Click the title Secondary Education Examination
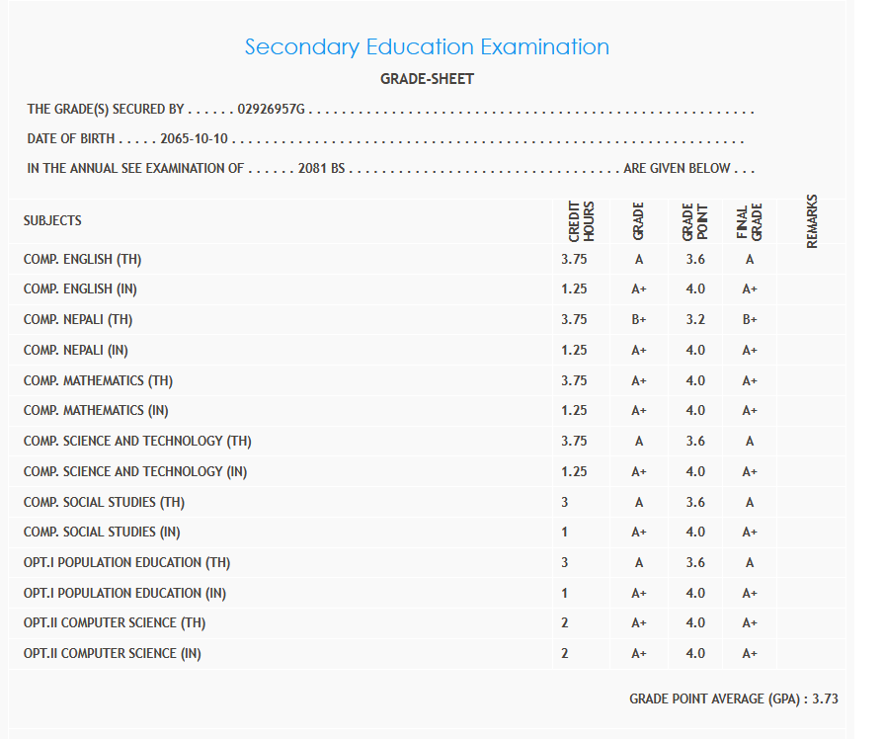(x=427, y=46)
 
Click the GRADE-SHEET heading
(x=427, y=79)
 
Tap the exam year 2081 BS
(x=321, y=168)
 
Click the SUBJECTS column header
(x=52, y=220)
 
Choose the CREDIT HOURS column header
(x=581, y=221)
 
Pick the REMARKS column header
(x=812, y=221)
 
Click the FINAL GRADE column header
(x=750, y=221)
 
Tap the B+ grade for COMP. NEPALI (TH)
(x=639, y=320)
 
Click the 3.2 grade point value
(x=695, y=320)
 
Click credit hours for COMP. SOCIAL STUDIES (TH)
(x=565, y=502)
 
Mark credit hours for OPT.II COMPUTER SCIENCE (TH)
(x=565, y=623)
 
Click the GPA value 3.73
(x=825, y=698)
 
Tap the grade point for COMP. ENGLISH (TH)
(x=695, y=260)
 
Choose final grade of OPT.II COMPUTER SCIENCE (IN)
(x=750, y=653)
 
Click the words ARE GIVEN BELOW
(x=678, y=168)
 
